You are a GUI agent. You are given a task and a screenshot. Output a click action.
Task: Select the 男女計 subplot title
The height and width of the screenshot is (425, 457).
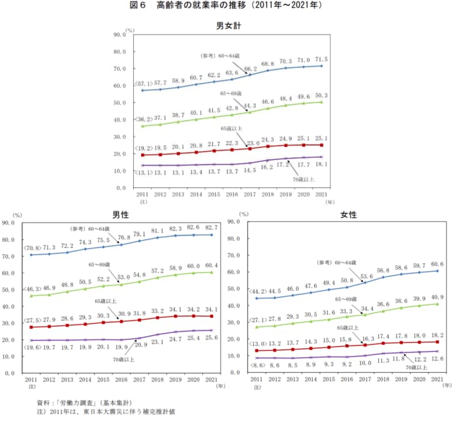tap(229, 26)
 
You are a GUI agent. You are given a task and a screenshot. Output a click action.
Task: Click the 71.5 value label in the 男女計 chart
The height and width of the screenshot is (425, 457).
tap(321, 59)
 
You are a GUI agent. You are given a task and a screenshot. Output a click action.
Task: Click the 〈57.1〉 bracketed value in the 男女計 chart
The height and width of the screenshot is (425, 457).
tap(144, 84)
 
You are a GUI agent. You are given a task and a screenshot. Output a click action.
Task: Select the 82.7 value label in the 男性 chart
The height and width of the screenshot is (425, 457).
tap(210, 227)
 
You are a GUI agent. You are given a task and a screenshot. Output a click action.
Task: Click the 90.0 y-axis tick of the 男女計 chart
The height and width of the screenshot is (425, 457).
tap(119, 34)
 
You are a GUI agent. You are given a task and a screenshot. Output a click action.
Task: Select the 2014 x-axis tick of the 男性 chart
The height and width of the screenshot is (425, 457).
tap(86, 379)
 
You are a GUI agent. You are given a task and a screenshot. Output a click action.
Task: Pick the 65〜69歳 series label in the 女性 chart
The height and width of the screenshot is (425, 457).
tap(350, 299)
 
